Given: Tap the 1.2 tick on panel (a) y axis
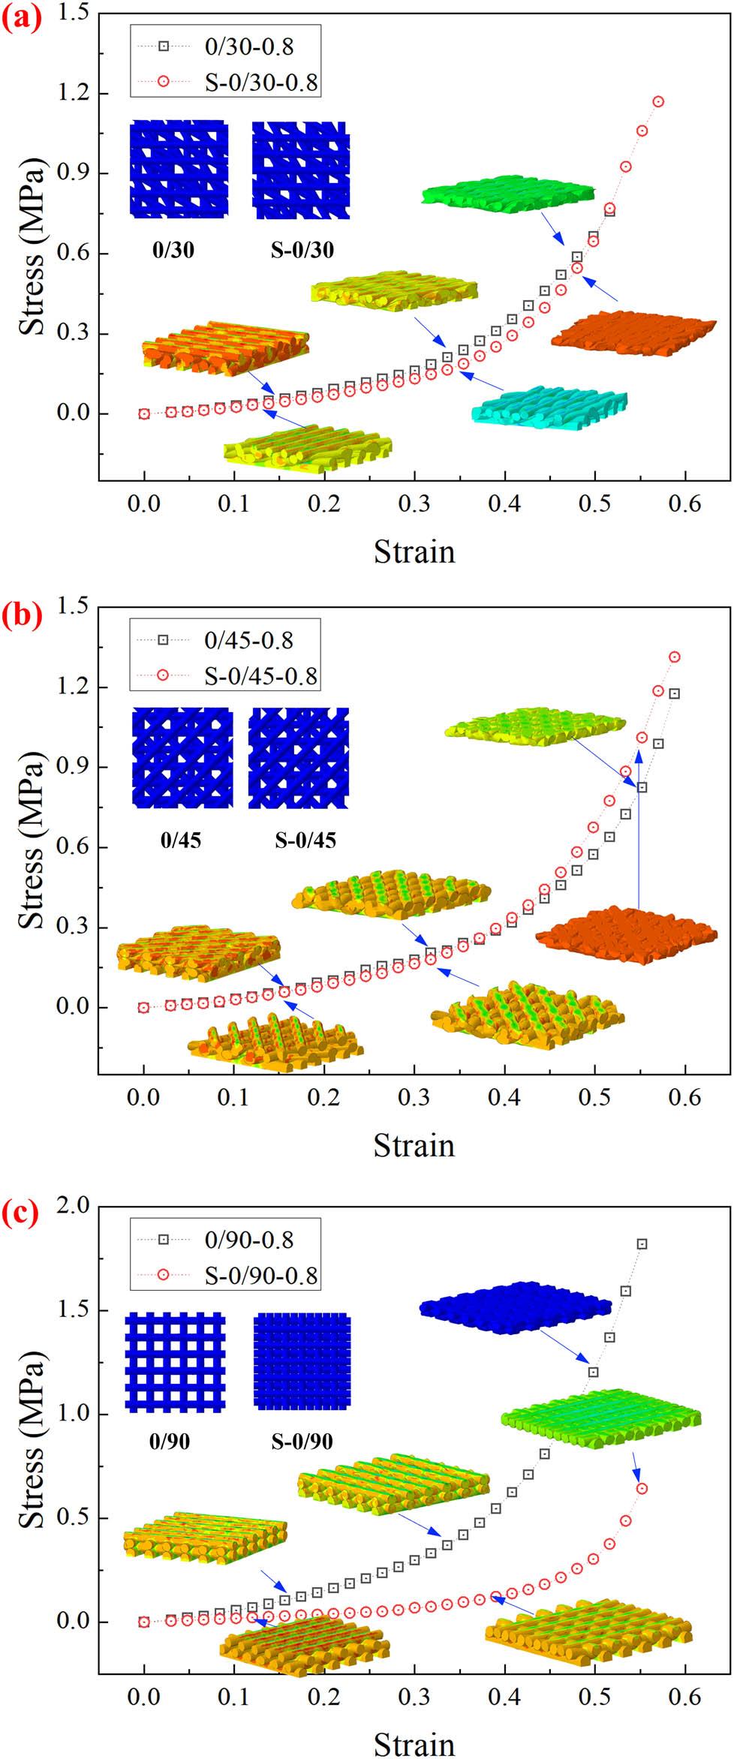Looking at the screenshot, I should (74, 93).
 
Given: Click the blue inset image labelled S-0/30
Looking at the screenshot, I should (300, 170).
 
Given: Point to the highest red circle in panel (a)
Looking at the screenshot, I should (658, 101).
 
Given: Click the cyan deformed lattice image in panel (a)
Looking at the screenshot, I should (549, 407).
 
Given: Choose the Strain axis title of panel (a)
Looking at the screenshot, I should (414, 552).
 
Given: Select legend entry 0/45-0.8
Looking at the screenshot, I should (248, 640).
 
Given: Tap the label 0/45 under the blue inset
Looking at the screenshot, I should (181, 840).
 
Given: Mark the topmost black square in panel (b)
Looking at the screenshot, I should (674, 693).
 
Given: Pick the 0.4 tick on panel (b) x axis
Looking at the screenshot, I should (504, 1098).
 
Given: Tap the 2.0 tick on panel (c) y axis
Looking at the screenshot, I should (74, 1206).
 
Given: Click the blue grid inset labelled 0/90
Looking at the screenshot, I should (175, 1362).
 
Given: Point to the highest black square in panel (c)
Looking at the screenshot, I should (642, 1244).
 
